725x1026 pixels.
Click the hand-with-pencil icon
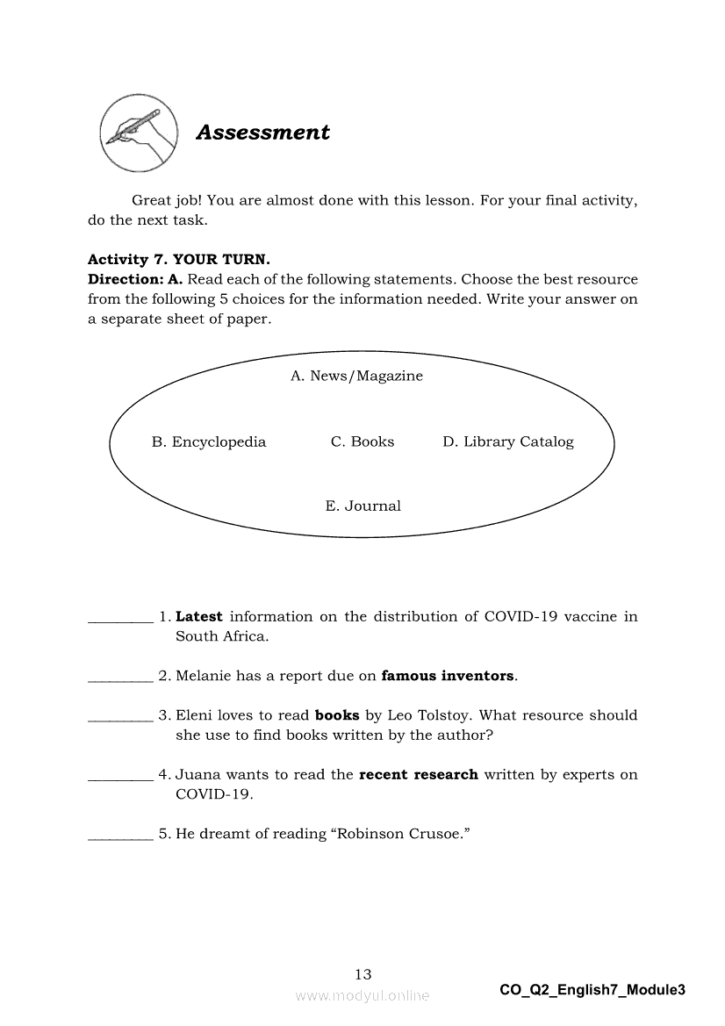(139, 133)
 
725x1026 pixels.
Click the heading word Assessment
(262, 133)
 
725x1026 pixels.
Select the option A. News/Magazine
(356, 376)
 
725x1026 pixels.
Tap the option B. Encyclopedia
(209, 441)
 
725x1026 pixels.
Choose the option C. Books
(362, 441)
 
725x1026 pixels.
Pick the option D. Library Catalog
(508, 441)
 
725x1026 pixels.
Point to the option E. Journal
(362, 506)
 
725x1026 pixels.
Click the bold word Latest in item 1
(199, 616)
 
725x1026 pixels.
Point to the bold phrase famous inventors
(448, 676)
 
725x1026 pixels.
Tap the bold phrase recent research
(419, 774)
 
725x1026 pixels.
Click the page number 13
(362, 973)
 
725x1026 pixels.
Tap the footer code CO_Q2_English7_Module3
(592, 990)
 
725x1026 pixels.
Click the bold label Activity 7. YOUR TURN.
(179, 260)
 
